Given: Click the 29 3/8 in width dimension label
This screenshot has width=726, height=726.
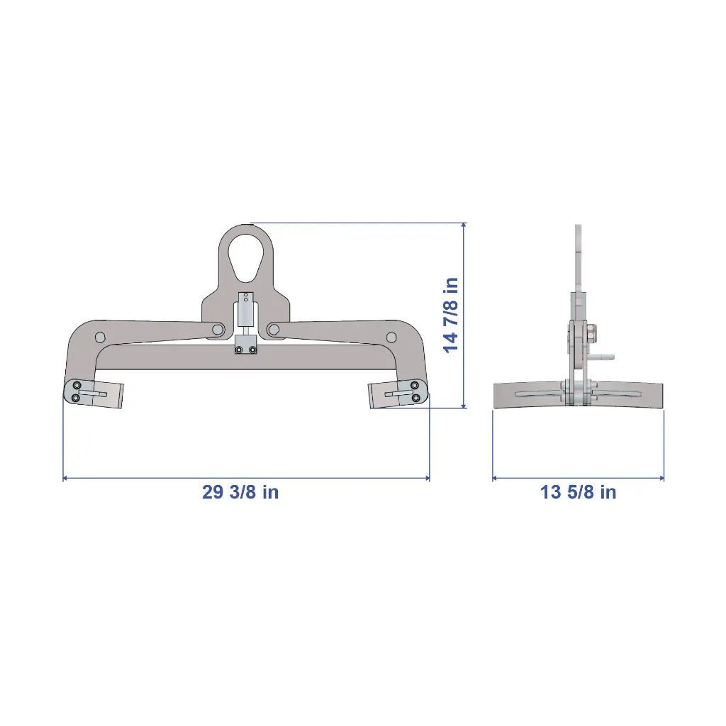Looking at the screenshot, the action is coord(240,492).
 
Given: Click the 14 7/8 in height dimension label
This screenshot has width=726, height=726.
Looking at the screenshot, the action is coord(451,315).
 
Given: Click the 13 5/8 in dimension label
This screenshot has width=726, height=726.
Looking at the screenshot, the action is coord(579,492).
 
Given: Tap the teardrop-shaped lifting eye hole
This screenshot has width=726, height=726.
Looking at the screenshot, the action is coord(246,257).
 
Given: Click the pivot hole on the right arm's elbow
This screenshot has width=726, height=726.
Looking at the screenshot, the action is coord(391,337).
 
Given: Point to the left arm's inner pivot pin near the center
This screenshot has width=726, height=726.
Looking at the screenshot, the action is coord(217,330).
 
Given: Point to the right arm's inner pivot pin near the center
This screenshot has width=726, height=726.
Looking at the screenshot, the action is coord(274,330).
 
